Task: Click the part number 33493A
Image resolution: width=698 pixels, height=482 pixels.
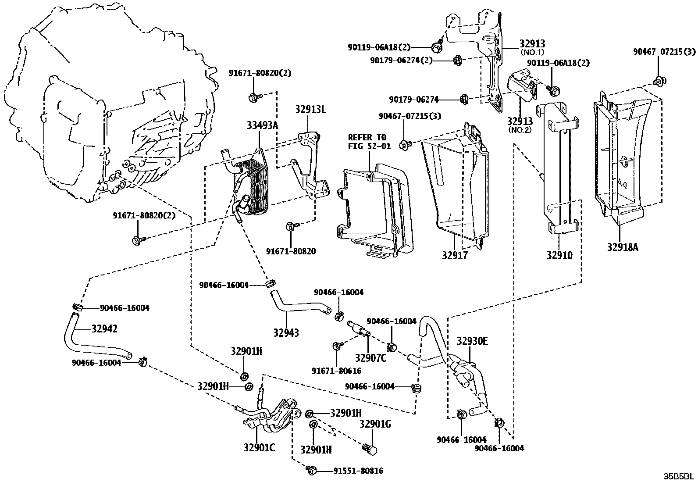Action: tap(261, 125)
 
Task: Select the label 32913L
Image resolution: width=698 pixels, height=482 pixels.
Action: tap(310, 110)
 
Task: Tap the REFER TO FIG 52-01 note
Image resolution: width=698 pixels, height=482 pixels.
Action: tap(369, 142)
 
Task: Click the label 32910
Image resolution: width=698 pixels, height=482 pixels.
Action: tap(559, 255)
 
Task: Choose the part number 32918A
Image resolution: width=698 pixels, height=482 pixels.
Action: tap(623, 247)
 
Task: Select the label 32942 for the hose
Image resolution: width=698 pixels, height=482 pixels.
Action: tap(104, 328)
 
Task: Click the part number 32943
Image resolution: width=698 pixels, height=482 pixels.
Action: tap(285, 333)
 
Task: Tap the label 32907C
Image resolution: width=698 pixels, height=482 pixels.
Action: tap(370, 358)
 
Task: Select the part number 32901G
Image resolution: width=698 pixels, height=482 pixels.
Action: tap(375, 424)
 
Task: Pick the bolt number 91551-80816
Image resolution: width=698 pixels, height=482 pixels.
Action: tap(358, 471)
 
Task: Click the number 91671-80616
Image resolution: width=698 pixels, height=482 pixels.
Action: tap(336, 371)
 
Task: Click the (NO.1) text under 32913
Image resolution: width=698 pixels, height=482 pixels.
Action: tap(532, 52)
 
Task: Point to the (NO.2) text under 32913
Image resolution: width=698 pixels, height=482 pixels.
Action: tap(520, 130)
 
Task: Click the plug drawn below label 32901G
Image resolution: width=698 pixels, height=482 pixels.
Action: tap(370, 449)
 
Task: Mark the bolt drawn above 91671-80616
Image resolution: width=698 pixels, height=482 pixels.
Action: tap(337, 346)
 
